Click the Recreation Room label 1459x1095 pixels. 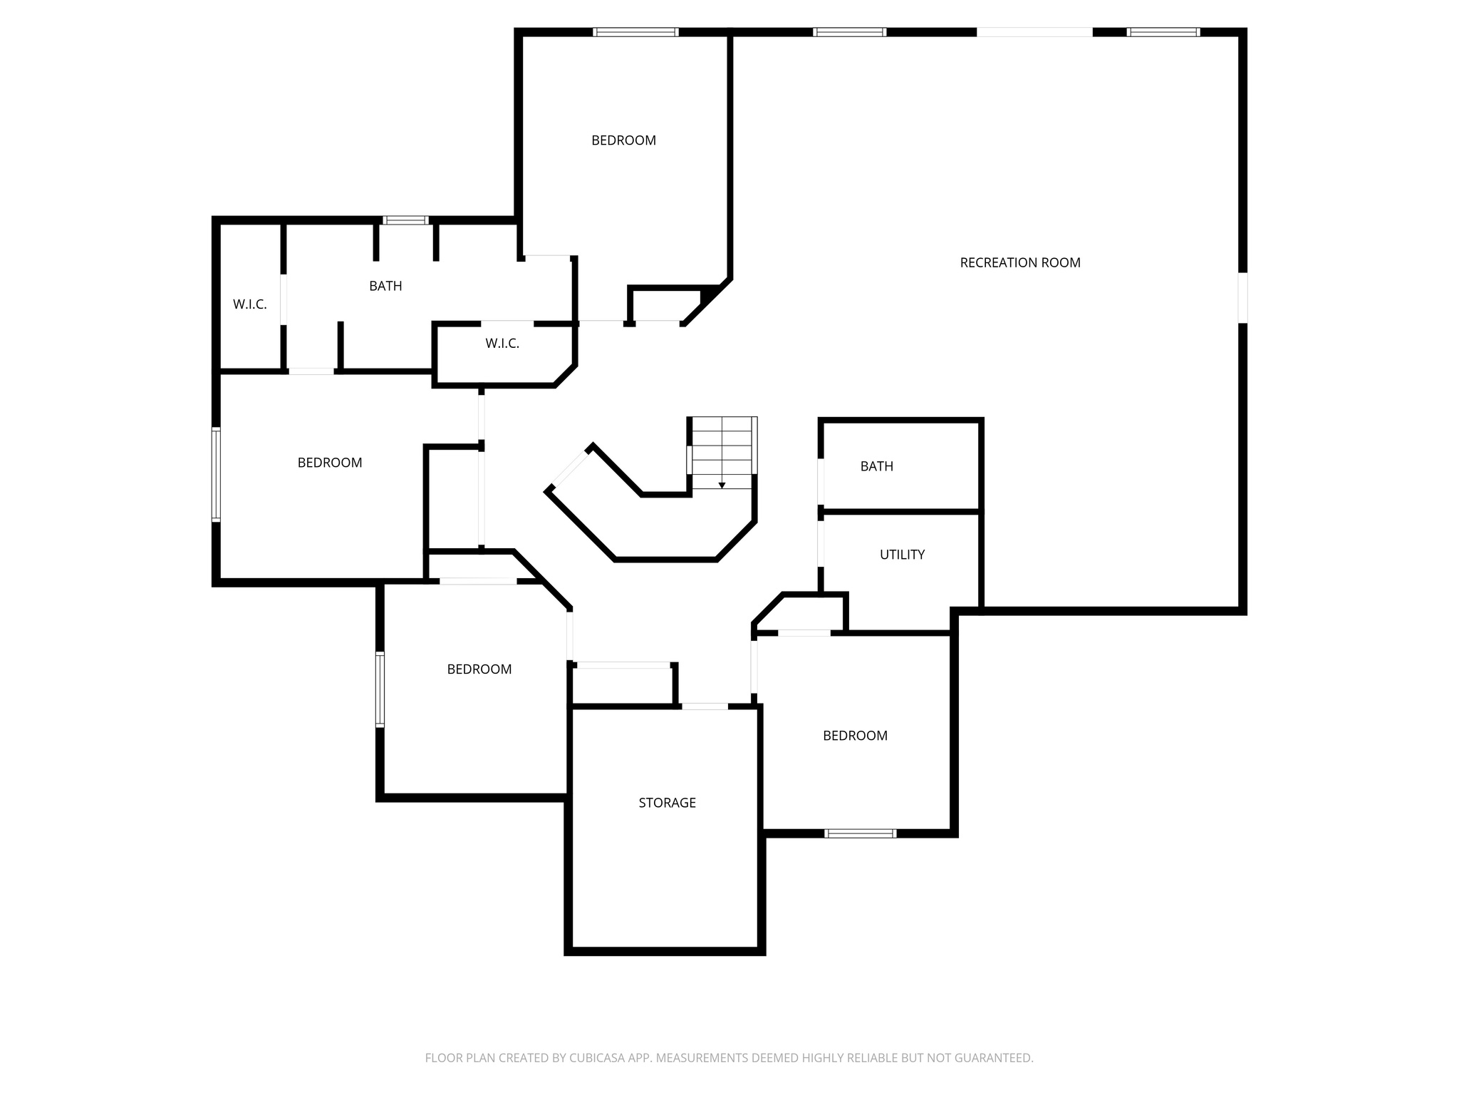[x=1019, y=262]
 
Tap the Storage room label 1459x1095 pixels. [x=667, y=803]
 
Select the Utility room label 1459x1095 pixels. [x=902, y=555]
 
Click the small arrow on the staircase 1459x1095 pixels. [x=722, y=485]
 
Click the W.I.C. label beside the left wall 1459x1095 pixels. [x=249, y=304]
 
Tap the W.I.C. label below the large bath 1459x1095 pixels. [x=502, y=344]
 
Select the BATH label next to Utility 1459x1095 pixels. [x=876, y=466]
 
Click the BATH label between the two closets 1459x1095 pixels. [x=385, y=286]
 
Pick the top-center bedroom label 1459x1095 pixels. [x=623, y=140]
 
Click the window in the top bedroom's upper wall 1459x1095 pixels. [x=635, y=32]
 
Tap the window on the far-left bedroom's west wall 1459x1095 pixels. [x=216, y=474]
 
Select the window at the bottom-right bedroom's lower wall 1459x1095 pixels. [x=860, y=833]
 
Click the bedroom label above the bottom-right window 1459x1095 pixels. [x=855, y=736]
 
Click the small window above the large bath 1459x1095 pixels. [x=405, y=220]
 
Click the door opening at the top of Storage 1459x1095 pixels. [x=705, y=706]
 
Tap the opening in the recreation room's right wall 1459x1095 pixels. [x=1242, y=297]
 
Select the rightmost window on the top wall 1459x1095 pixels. [x=1163, y=32]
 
